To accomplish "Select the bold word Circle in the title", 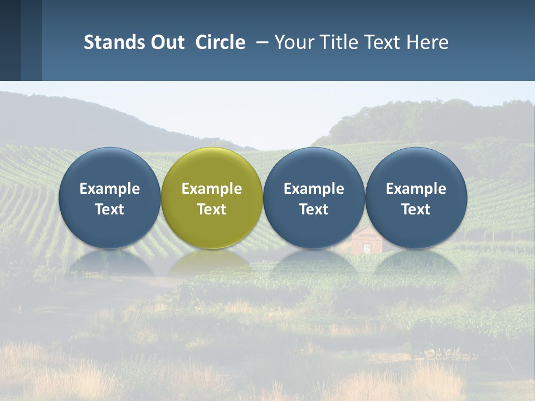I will pos(220,42).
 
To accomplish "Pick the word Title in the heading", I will pos(339,42).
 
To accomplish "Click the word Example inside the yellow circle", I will pos(212,189).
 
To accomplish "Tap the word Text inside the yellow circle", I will pos(212,209).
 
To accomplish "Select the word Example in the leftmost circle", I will pos(109,189).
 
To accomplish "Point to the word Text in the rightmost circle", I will pos(416,209).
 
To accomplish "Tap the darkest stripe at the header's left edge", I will pos(10,40).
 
